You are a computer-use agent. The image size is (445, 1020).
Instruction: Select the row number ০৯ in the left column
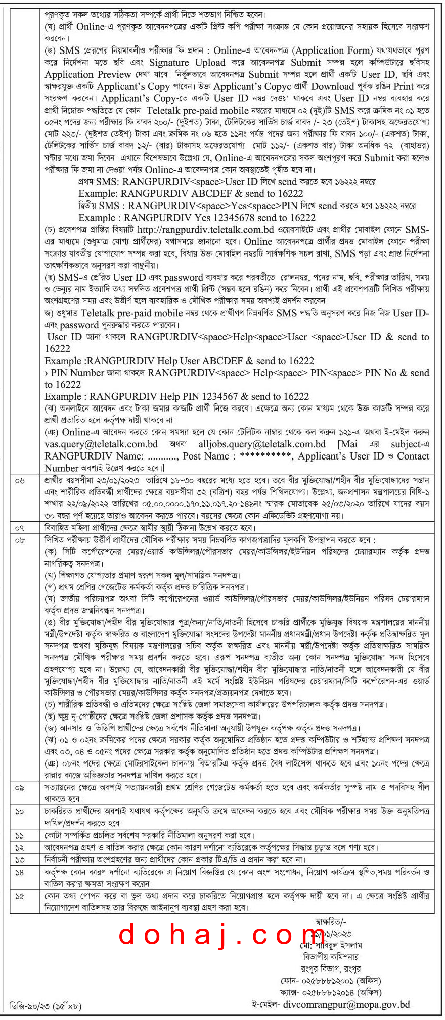(x=20, y=787)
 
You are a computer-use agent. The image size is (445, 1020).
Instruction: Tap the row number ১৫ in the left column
(x=20, y=896)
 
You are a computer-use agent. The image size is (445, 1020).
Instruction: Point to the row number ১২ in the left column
(x=20, y=847)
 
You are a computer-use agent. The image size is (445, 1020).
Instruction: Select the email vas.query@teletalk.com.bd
(x=101, y=444)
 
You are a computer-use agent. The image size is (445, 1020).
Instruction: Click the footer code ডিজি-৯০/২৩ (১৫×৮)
(x=46, y=1007)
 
